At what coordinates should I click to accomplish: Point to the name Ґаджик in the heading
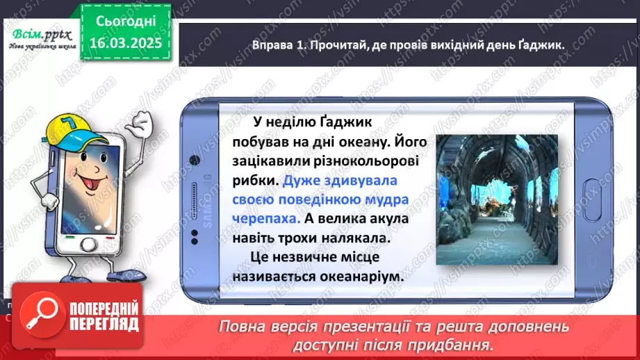point(539,44)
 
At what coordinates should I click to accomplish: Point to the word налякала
point(367,238)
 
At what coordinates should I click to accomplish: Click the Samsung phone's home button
point(596,192)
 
